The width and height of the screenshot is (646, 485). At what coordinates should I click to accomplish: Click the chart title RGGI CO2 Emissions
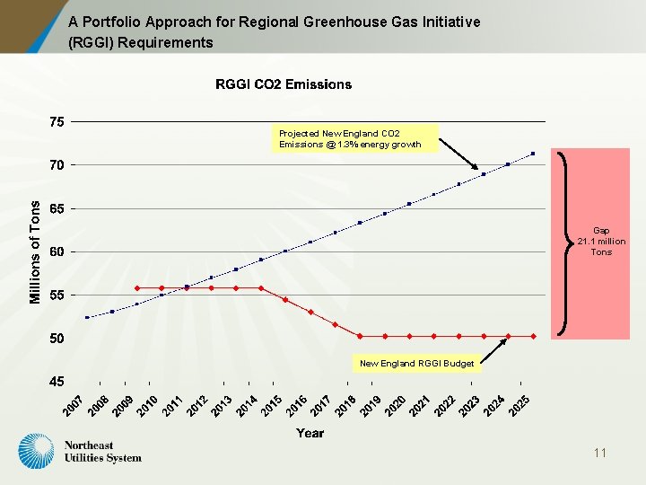tap(284, 84)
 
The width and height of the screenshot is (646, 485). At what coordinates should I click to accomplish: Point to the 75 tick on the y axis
tap(57, 122)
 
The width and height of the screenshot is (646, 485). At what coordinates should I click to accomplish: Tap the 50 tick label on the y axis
tap(57, 339)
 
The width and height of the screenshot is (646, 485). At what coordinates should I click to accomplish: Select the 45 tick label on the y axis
tap(57, 382)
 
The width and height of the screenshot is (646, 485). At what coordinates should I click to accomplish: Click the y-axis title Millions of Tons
tap(35, 251)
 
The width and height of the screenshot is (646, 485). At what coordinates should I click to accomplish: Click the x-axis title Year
tap(310, 433)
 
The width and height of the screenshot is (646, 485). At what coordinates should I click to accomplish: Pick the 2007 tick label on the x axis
tap(73, 406)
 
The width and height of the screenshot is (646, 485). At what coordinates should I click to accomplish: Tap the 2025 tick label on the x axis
tap(519, 406)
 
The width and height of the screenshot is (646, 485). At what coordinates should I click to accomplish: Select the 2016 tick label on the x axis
tap(296, 406)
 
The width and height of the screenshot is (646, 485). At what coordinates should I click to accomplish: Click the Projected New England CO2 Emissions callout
tap(350, 138)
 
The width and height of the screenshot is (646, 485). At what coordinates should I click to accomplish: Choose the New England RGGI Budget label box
tap(416, 364)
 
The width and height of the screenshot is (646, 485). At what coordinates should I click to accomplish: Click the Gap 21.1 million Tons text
tap(601, 242)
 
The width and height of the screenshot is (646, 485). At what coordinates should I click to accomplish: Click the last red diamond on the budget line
tap(533, 336)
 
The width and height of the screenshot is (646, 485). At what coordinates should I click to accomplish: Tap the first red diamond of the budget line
tap(136, 288)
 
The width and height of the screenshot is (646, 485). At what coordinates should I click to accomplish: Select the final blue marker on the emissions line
tap(533, 154)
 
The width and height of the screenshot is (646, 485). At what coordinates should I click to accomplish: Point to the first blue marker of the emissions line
tap(87, 317)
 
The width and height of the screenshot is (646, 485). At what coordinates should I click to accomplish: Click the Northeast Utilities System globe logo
tap(37, 451)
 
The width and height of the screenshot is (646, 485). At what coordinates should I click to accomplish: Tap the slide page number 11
tap(599, 453)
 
